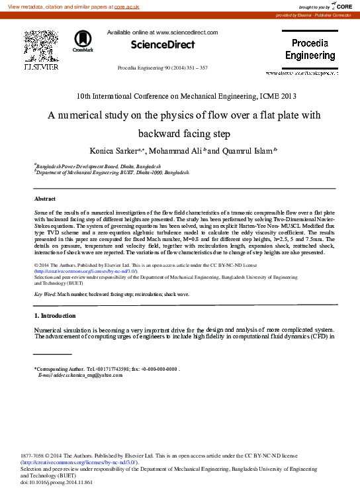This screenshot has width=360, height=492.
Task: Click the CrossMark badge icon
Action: click(x=83, y=41)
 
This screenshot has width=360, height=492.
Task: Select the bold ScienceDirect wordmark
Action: click(x=163, y=45)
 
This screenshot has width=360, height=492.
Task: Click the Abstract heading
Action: click(x=45, y=199)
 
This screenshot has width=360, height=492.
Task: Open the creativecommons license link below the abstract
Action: click(x=86, y=271)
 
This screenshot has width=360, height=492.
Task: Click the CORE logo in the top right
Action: click(x=343, y=6)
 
